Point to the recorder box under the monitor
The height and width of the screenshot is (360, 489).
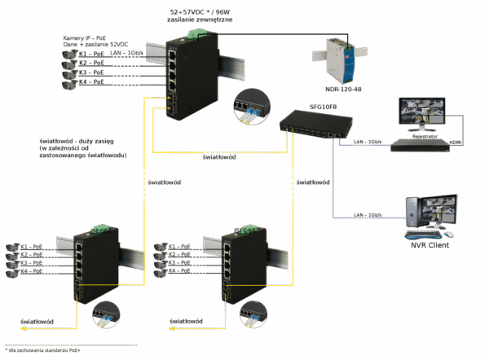[x=420, y=145]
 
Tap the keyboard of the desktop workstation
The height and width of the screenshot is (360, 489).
[x=425, y=235]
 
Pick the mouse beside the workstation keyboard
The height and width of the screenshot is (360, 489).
[x=447, y=234]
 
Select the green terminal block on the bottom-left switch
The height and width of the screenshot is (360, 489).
[x=102, y=230]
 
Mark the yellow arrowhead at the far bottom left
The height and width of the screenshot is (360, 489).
[x=23, y=328]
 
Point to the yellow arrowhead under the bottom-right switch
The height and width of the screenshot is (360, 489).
[x=173, y=328]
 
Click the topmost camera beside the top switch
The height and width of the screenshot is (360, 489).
[x=70, y=53]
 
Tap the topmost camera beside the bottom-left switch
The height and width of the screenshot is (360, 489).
[x=11, y=245]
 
